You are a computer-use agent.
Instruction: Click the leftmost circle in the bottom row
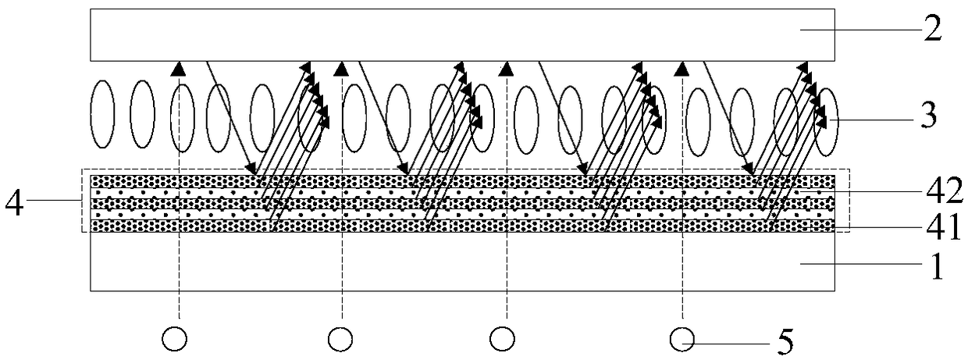point(174,339)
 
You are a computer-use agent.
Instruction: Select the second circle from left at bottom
point(340,339)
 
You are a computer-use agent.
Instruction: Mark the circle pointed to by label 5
point(684,339)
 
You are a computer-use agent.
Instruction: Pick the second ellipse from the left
point(141,113)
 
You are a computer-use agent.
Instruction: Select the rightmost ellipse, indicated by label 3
point(826,121)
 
